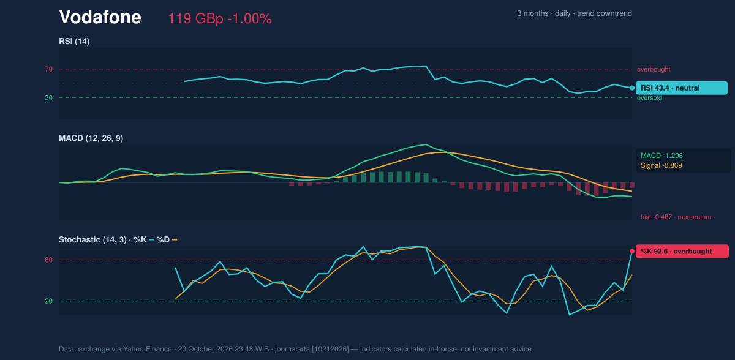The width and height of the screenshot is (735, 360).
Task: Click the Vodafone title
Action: point(100,17)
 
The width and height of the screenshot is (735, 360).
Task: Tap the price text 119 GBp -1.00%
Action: point(220,19)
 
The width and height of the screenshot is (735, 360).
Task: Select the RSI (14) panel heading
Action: point(74,41)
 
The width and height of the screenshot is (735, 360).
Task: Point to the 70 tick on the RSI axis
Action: point(48,69)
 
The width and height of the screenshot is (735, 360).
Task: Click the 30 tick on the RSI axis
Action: point(48,98)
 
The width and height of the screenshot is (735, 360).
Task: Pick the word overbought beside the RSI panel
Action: point(654,70)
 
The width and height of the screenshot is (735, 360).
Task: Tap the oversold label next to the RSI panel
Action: point(649,98)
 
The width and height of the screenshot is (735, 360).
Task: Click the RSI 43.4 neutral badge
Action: point(682,88)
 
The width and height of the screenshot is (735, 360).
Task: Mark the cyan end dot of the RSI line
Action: point(632,88)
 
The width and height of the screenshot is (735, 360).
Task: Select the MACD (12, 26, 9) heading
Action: point(91,138)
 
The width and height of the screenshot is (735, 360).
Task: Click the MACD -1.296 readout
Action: point(661,156)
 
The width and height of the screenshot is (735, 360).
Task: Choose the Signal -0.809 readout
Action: point(661,165)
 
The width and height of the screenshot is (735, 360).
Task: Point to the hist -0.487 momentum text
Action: point(678,217)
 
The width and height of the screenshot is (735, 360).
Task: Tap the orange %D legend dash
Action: point(175,240)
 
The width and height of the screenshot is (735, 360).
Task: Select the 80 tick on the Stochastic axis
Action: point(48,260)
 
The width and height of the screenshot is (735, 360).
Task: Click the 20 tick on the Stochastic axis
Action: point(48,301)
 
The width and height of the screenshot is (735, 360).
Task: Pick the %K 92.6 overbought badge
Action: point(682,251)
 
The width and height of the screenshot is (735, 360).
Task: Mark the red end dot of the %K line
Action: point(632,252)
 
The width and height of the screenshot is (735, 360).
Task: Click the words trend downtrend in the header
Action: point(605,13)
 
